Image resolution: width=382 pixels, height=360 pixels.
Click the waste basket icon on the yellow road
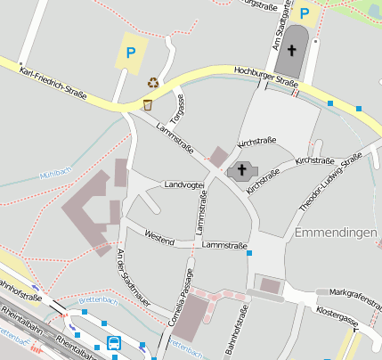[148, 105]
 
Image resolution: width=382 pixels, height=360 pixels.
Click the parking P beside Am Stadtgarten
[305, 13]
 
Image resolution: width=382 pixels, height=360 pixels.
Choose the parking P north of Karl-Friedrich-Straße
[130, 53]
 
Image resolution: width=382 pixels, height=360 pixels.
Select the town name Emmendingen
[334, 233]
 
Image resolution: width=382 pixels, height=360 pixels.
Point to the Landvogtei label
[184, 184]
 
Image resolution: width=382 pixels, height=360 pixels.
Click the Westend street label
[159, 239]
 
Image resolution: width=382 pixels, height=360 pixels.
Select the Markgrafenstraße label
[354, 291]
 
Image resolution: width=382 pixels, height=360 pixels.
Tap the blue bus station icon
[115, 342]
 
